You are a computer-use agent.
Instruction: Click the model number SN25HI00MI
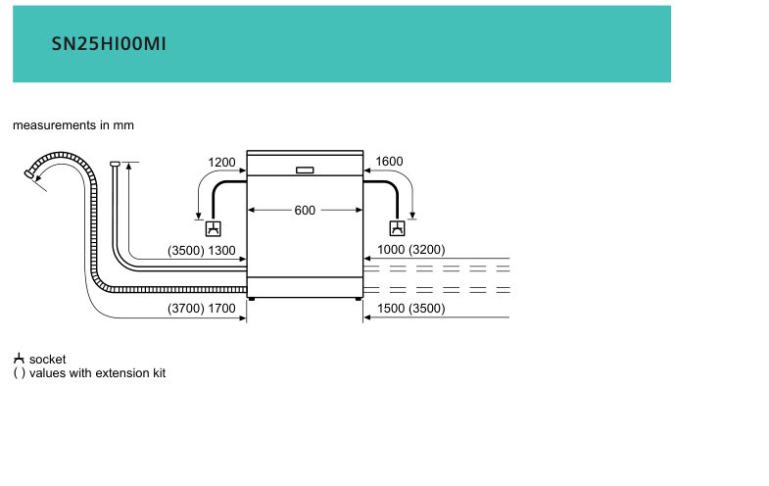tap(109, 44)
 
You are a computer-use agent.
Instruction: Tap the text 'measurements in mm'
tap(73, 125)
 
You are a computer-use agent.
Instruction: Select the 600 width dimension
tap(305, 210)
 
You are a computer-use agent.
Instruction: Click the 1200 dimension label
tap(221, 162)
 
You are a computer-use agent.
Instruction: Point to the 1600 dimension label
tap(390, 161)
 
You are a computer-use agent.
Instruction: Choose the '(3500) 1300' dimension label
tap(202, 250)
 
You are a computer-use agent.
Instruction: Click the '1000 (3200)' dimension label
tap(411, 249)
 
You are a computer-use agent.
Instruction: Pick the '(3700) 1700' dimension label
tap(202, 308)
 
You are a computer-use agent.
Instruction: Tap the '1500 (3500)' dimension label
tap(411, 308)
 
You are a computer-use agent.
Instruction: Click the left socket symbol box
tap(214, 228)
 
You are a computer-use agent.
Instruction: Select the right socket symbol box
tap(398, 228)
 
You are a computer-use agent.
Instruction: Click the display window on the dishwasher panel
tap(305, 170)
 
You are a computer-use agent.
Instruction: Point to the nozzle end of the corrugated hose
tap(28, 173)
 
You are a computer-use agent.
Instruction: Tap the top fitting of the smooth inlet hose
tap(116, 164)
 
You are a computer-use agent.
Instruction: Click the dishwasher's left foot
tap(252, 298)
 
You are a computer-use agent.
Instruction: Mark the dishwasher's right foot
tap(358, 298)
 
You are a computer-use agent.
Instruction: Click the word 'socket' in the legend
tap(48, 359)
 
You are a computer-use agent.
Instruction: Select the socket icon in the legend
tap(19, 358)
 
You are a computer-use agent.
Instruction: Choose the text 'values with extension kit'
tap(98, 372)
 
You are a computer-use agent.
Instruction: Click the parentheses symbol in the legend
tap(20, 373)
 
